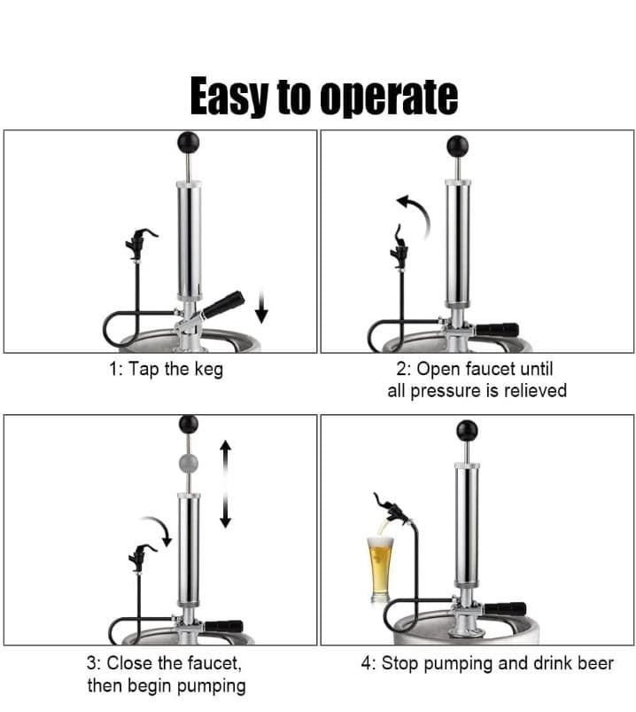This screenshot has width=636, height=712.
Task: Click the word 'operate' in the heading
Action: tap(389, 97)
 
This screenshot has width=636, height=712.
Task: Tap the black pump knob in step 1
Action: tap(189, 143)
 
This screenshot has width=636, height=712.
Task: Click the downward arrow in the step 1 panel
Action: tap(261, 307)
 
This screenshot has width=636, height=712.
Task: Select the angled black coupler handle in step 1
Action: tap(223, 304)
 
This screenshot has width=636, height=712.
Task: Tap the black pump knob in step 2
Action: tap(458, 145)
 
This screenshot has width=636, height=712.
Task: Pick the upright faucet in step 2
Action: tap(399, 247)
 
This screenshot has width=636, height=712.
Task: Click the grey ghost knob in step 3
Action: tap(189, 463)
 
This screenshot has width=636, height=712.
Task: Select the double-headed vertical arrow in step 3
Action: tap(226, 483)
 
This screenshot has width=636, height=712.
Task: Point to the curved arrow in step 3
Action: tap(158, 529)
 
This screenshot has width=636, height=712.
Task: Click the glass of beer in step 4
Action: tap(380, 569)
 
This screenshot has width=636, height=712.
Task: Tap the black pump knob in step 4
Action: tap(467, 430)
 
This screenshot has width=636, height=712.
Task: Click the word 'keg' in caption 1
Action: tap(209, 369)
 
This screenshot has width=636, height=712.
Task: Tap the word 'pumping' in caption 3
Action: tap(212, 685)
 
